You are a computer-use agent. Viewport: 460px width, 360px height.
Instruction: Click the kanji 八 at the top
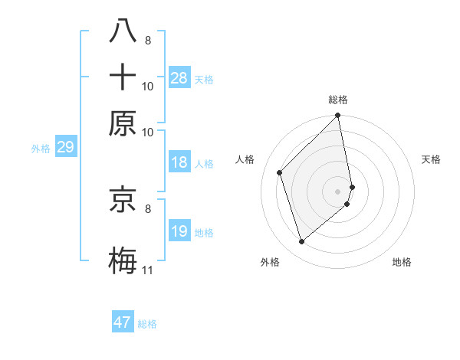click(x=123, y=31)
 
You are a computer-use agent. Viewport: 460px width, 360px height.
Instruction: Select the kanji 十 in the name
click(x=123, y=77)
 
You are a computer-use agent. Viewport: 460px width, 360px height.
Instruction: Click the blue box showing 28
click(x=179, y=77)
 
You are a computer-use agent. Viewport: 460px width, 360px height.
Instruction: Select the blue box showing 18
click(x=179, y=162)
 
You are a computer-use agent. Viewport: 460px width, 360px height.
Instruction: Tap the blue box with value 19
click(x=179, y=231)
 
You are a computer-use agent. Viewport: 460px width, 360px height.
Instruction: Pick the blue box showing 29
click(x=65, y=147)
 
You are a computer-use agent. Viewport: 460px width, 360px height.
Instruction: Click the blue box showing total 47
click(x=123, y=322)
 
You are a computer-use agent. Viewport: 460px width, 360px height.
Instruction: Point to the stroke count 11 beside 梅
click(x=148, y=270)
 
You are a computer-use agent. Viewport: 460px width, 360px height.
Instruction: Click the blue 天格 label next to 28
click(x=204, y=80)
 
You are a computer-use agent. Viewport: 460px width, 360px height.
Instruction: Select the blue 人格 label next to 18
click(x=204, y=164)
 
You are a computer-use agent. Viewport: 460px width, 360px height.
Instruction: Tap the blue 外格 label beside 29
click(x=41, y=149)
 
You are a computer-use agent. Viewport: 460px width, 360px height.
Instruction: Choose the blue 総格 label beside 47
click(x=147, y=324)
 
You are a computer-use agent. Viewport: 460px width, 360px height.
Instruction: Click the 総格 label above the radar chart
click(x=338, y=100)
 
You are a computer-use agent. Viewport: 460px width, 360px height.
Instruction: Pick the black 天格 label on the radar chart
click(x=432, y=159)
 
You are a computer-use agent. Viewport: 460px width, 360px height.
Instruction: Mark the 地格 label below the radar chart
click(x=402, y=262)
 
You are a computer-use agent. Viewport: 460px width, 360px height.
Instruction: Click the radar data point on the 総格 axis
click(x=338, y=116)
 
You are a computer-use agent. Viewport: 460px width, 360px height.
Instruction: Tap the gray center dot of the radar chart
click(x=338, y=191)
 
